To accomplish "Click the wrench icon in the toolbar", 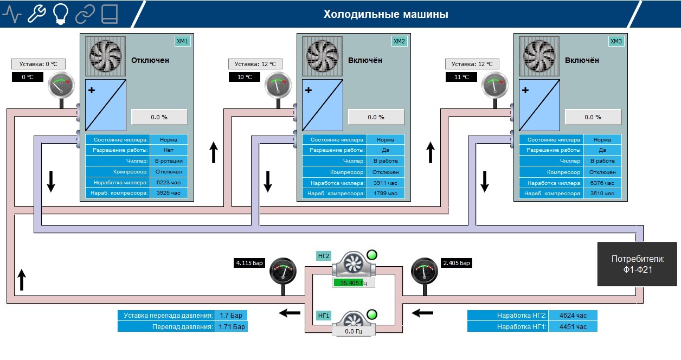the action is coord(36,14).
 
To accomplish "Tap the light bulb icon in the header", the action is coord(61,14).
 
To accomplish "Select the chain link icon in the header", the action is coord(85,14).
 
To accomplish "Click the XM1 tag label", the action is coord(182,41).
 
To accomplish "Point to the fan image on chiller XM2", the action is coord(322,56).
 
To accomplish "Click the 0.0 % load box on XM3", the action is coord(593,117).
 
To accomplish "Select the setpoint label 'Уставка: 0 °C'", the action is coord(38,64).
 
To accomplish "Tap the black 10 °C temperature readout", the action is coord(245,77).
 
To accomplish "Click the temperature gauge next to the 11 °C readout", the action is coord(494,85).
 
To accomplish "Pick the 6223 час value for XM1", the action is coord(169,182).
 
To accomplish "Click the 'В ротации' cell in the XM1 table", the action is coord(169,161).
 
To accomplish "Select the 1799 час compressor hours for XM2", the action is coord(386,194).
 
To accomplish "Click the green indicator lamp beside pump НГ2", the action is coord(372,255).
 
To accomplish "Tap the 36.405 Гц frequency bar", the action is coord(354,283).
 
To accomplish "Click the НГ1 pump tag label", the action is coord(324,316).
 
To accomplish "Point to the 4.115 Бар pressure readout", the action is coord(249,263).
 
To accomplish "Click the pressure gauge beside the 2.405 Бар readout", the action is coord(425,271).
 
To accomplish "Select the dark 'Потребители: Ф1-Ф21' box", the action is coord(637,264).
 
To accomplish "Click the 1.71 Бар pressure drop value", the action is coord(232,327).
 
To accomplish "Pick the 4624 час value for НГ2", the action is coord(573,316).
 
